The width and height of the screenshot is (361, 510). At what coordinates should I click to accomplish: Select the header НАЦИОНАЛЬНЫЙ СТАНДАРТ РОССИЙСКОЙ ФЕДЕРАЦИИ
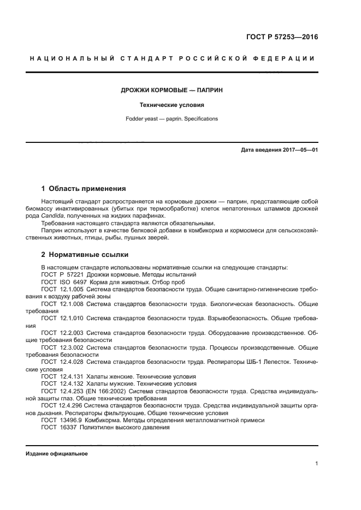[173, 58]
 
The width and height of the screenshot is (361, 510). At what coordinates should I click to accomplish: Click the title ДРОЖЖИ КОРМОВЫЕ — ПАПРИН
[173, 89]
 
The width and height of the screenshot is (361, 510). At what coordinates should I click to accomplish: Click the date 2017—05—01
[298, 150]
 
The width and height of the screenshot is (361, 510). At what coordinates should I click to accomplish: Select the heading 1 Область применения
[84, 189]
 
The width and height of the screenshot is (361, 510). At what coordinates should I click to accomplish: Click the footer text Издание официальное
[57, 453]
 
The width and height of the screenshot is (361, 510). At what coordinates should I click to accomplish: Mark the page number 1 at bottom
[316, 464]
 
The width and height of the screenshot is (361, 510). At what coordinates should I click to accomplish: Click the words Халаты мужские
[112, 383]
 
